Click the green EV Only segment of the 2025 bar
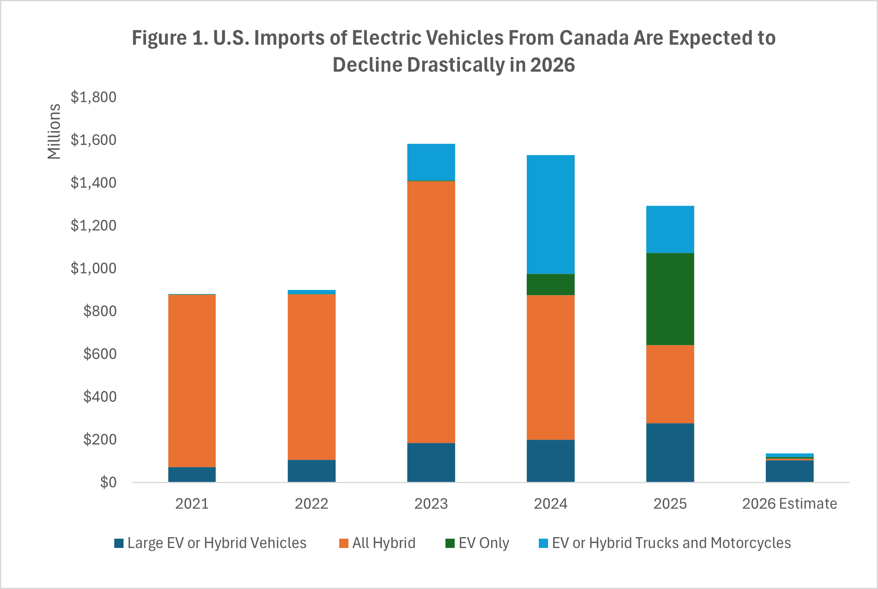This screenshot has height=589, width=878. point(670,299)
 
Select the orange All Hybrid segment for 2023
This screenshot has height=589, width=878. point(431,312)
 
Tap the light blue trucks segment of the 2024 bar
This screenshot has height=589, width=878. point(550,214)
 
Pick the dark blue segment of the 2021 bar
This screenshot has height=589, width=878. point(192,475)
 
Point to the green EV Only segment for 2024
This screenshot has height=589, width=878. point(550,285)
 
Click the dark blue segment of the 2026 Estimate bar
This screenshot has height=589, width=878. point(789,471)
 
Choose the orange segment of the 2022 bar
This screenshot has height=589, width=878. point(311,377)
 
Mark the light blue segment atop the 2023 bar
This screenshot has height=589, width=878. point(431,162)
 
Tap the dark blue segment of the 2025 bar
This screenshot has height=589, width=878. point(670,453)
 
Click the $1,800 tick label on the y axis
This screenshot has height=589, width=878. point(93,97)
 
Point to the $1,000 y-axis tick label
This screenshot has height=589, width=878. point(93,268)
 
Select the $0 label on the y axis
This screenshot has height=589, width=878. point(108,482)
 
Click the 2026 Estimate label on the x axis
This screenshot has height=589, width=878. point(789,504)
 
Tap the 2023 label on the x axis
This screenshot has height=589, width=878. point(431,504)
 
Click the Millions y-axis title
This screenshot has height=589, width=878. point(54,132)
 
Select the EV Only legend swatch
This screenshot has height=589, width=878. point(450,544)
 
